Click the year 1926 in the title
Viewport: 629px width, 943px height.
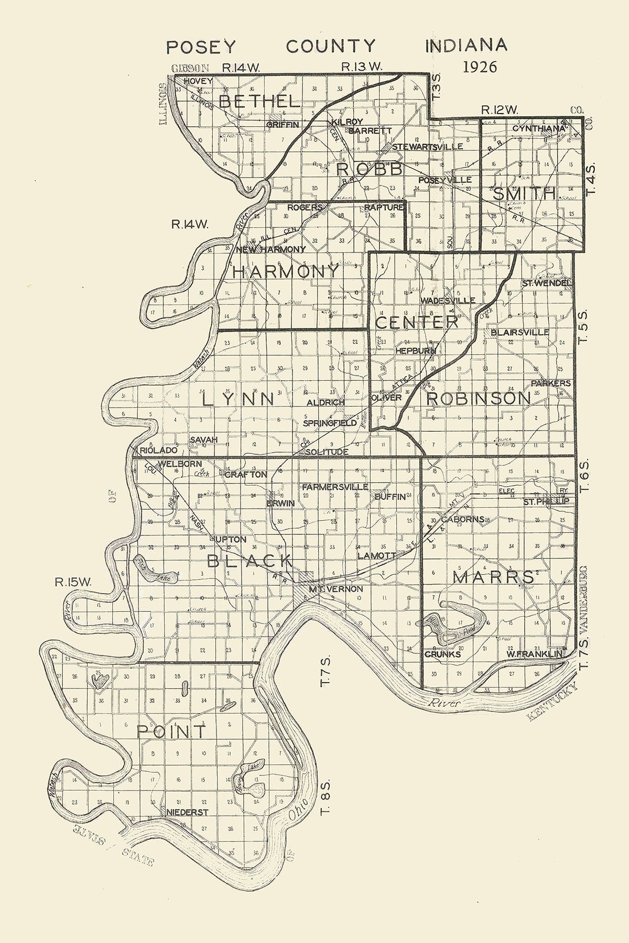coord(480,67)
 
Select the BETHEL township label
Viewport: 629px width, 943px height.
coord(260,101)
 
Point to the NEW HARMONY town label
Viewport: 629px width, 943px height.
coord(270,249)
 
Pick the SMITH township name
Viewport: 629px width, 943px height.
coord(524,194)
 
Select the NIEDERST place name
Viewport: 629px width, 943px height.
coord(188,813)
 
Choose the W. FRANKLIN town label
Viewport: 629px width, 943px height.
coord(534,654)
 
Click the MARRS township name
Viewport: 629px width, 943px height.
coord(493,577)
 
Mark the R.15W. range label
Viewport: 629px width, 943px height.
coord(73,582)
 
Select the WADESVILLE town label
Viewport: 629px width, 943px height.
coord(448,301)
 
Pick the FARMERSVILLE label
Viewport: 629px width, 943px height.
coord(335,487)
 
